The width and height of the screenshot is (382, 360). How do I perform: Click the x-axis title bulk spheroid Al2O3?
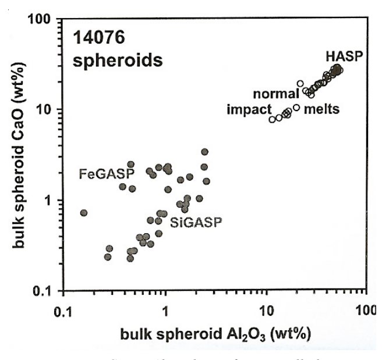pos(215,336)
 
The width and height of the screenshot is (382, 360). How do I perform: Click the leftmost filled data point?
pos(84,213)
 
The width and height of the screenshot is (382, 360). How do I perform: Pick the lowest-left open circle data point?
pos(272,120)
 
